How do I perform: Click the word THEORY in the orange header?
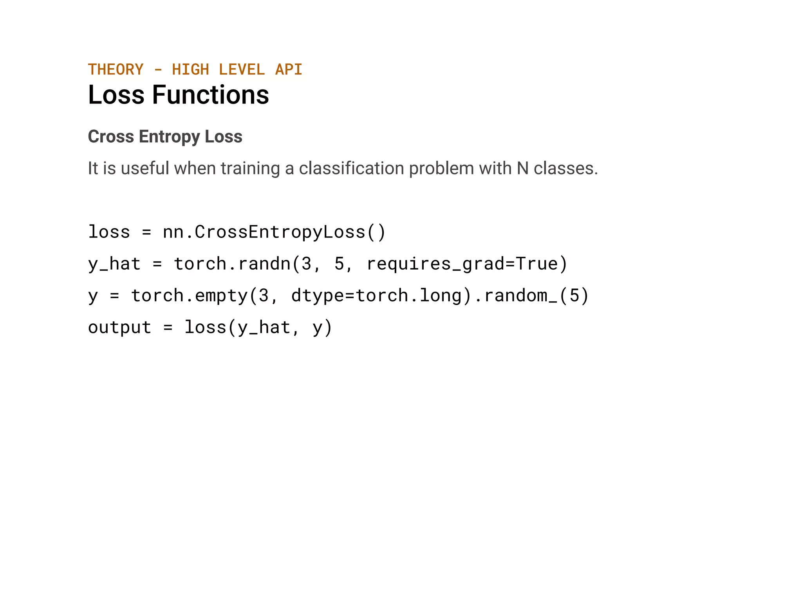click(116, 69)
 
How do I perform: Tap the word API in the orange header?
click(289, 69)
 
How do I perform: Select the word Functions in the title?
click(210, 95)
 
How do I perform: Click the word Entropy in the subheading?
click(169, 136)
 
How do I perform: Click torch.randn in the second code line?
click(232, 263)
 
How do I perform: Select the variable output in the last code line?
click(119, 327)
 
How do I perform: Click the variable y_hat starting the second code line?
click(114, 263)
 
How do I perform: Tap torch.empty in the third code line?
click(189, 295)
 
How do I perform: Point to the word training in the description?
click(250, 168)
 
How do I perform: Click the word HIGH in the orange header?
click(190, 69)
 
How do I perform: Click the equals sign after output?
click(168, 327)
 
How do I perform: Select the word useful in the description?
click(145, 168)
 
